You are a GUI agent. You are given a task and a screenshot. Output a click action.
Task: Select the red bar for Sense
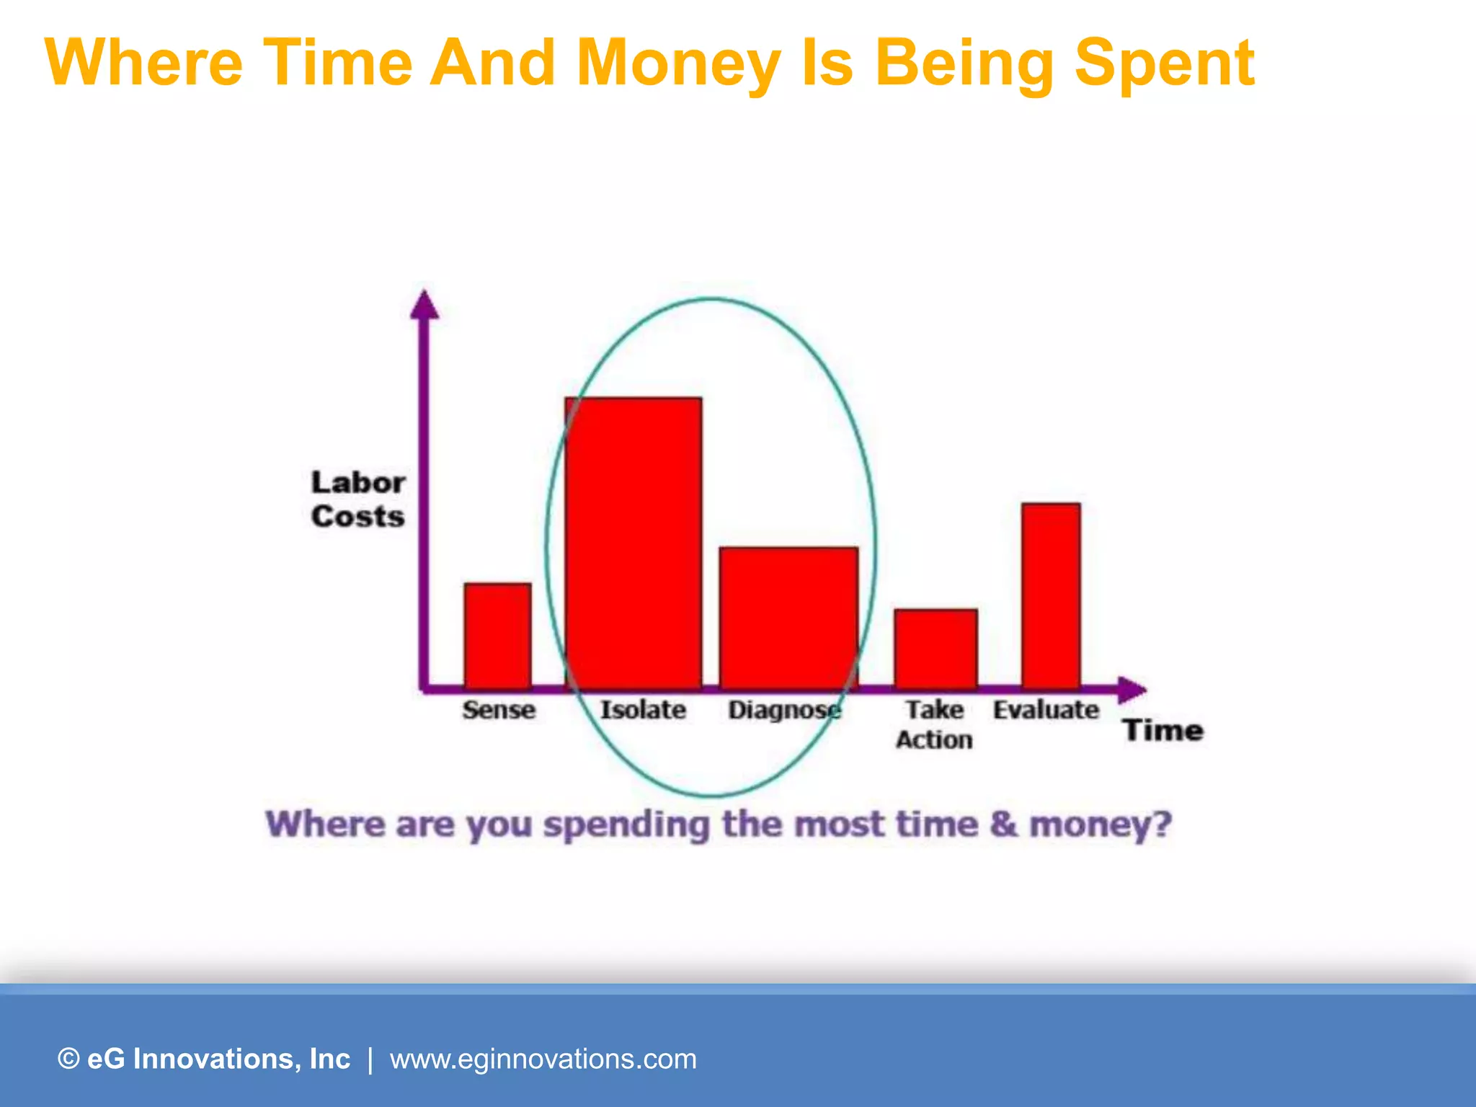click(x=497, y=636)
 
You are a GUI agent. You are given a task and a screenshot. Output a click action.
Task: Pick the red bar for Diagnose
click(x=788, y=618)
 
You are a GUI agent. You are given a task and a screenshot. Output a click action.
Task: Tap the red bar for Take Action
click(x=935, y=649)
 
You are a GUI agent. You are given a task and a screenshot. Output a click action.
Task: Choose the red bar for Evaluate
click(x=1051, y=595)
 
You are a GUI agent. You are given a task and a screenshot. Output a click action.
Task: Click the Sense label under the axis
click(x=499, y=710)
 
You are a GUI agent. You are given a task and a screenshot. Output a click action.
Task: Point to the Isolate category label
click(x=643, y=710)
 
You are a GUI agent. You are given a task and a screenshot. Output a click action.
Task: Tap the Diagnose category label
click(x=784, y=711)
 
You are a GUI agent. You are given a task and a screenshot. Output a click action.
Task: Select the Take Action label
click(x=934, y=724)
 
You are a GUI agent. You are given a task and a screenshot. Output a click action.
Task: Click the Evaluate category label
click(x=1046, y=710)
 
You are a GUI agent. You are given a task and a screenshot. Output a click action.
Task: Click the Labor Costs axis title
click(x=357, y=499)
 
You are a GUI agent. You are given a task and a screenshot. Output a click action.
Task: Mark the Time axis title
click(x=1163, y=731)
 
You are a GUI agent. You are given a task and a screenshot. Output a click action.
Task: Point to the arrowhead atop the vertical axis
click(x=424, y=306)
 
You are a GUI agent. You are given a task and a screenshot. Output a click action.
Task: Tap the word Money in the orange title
click(x=678, y=63)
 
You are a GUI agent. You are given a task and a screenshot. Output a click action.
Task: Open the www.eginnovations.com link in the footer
click(x=543, y=1059)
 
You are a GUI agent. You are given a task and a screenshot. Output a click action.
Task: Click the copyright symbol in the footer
click(x=68, y=1059)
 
